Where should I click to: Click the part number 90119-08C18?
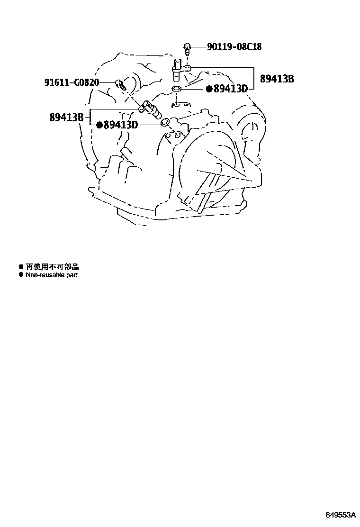[x=234, y=47]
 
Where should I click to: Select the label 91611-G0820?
[x=72, y=82]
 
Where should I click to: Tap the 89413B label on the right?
[x=277, y=79]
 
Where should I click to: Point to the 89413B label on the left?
[x=66, y=117]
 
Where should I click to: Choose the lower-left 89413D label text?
[x=120, y=125]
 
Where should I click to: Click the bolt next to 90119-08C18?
[x=187, y=48]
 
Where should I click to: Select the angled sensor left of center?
[x=150, y=110]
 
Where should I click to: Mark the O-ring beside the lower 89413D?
[x=165, y=124]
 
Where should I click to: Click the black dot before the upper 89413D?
[x=208, y=89]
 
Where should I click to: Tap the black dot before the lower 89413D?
[x=99, y=125]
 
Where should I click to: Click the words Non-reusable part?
[x=51, y=275]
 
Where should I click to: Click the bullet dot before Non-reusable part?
[x=21, y=275]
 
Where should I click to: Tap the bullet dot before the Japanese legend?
[x=21, y=267]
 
